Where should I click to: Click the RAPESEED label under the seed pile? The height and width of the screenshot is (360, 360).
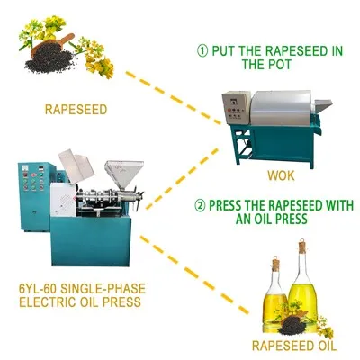pos(76,110)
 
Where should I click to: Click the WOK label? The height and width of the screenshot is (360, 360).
pos(281,175)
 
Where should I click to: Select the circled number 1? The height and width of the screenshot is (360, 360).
pos(202,50)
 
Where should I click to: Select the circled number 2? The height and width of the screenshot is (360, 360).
pos(200,206)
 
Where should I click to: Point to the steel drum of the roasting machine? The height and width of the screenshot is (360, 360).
pos(282,108)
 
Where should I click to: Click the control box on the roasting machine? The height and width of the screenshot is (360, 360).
pos(236,108)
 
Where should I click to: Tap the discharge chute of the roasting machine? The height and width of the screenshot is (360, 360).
pos(322,105)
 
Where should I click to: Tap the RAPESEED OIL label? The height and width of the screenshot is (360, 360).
pos(294,346)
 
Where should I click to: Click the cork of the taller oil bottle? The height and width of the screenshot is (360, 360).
pos(302,247)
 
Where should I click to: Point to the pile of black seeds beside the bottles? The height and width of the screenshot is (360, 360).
pos(292,326)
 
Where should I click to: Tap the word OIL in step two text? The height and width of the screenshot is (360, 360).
pos(265,219)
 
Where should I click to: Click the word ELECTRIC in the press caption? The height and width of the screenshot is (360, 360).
pos(47,301)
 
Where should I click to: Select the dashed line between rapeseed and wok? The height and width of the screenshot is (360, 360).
pos(173,98)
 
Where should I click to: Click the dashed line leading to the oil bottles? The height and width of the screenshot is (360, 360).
pos(194,274)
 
